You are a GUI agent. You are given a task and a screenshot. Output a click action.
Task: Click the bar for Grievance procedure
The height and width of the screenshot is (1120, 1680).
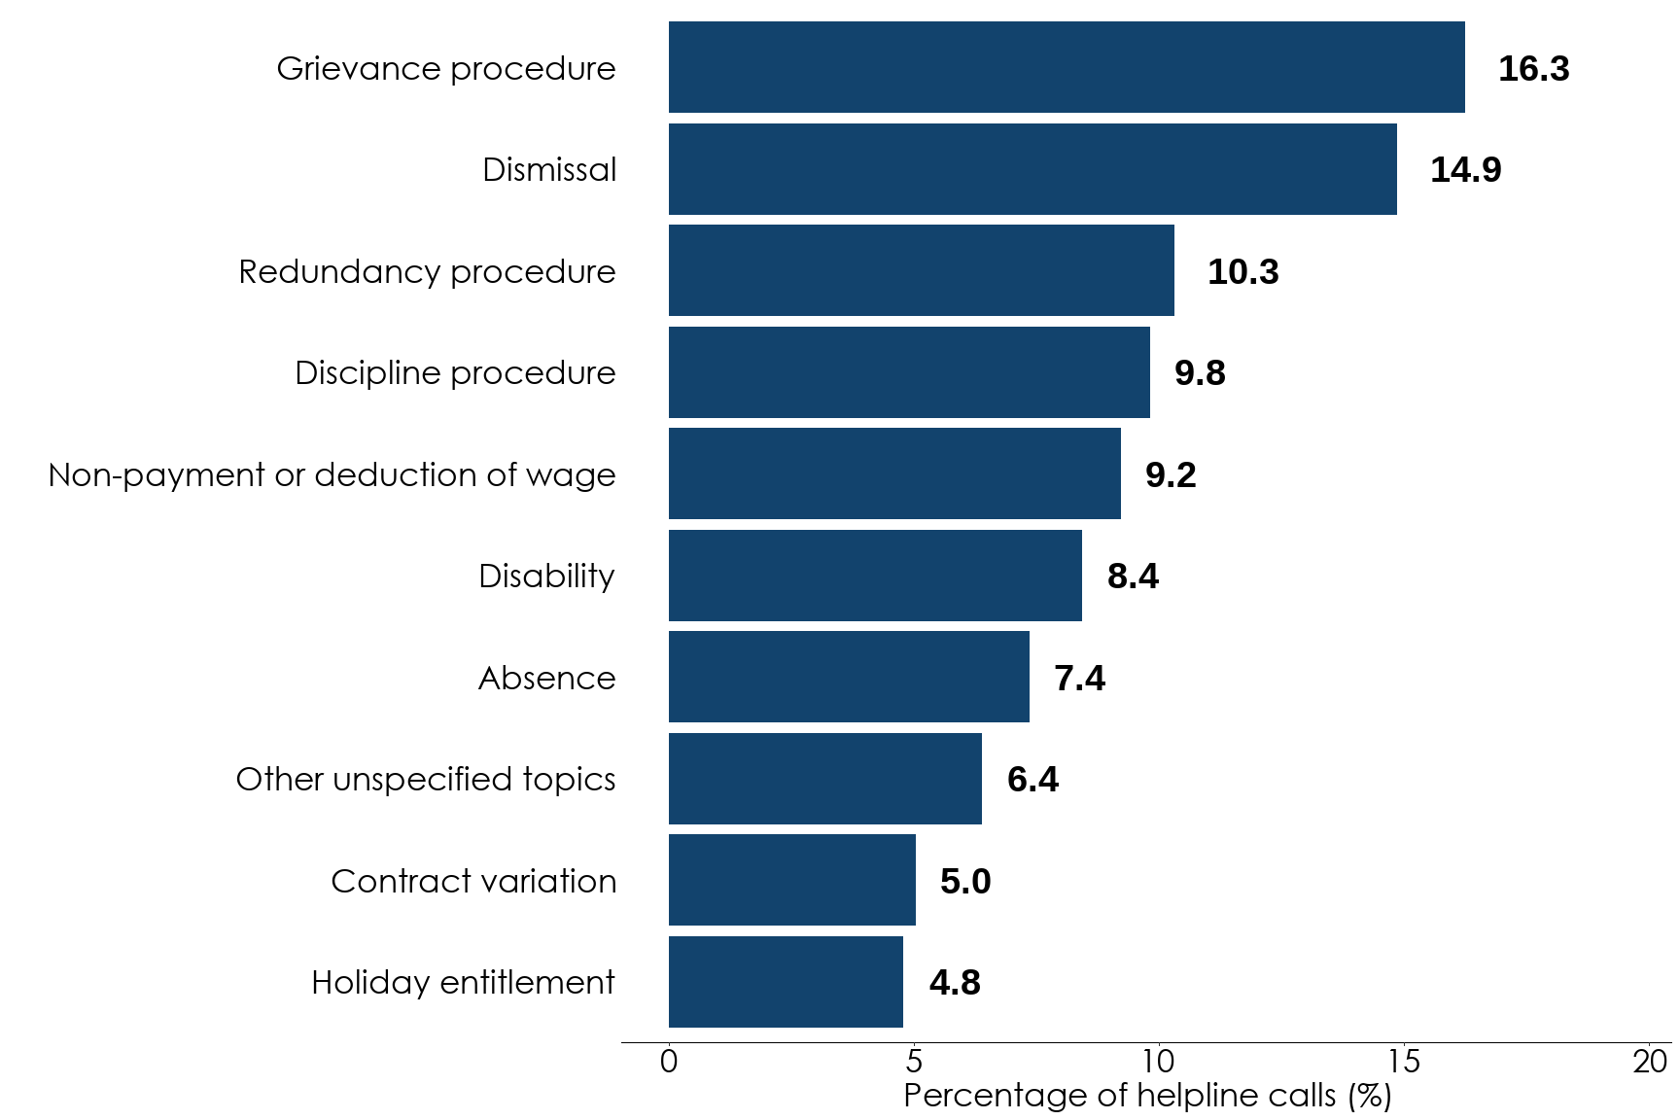(1067, 67)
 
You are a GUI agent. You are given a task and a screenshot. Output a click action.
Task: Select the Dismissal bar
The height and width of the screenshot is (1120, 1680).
(1032, 169)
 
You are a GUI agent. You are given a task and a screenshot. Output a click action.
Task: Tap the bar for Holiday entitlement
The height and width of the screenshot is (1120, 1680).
(786, 982)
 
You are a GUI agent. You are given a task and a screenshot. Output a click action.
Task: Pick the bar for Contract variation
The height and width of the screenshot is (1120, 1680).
(791, 880)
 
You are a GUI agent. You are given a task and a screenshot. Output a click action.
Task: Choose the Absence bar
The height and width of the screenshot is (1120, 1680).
(849, 677)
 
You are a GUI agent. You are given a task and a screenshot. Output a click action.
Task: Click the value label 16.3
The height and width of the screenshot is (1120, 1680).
(1533, 69)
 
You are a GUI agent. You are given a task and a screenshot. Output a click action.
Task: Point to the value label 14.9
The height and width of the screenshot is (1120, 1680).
(1465, 170)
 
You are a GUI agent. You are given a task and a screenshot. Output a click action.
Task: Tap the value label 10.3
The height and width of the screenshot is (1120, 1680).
(1242, 272)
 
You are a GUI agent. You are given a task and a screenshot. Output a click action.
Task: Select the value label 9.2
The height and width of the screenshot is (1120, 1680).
(1171, 475)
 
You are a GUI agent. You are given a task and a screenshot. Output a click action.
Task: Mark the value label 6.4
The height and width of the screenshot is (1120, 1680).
(1032, 780)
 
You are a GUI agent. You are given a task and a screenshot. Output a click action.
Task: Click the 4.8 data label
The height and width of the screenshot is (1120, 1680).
(955, 983)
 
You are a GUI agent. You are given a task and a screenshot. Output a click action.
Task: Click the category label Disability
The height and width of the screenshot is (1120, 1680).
(546, 577)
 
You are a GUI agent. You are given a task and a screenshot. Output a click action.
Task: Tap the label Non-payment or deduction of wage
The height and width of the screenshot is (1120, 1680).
(332, 474)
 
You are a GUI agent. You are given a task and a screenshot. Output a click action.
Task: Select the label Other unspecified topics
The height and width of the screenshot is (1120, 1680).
(426, 780)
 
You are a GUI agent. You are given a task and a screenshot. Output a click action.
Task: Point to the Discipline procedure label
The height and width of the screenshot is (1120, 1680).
(455, 373)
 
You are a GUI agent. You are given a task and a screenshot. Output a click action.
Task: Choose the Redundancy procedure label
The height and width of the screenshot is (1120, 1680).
(427, 272)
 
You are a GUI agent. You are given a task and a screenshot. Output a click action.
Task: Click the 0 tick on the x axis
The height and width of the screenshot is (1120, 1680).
(669, 1062)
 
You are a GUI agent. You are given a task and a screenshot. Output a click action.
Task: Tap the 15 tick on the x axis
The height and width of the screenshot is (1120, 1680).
(1404, 1062)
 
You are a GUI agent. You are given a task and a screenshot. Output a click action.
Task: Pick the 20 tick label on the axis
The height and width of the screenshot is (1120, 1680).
(1649, 1062)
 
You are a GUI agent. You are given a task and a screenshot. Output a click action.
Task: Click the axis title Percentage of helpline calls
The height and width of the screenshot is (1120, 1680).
(1147, 1096)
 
